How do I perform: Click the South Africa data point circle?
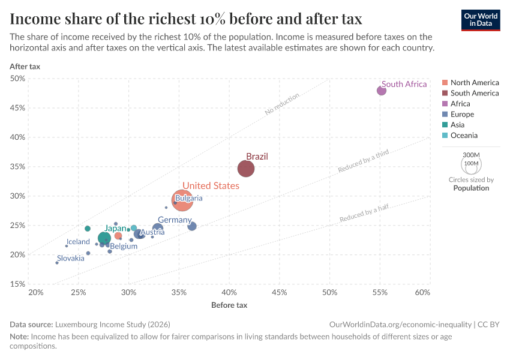click(382, 91)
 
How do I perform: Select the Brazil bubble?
click(246, 169)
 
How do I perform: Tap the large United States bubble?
click(182, 200)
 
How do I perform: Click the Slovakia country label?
click(71, 259)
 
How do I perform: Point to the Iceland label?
click(78, 242)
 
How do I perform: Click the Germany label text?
click(175, 220)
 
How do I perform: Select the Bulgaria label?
click(189, 198)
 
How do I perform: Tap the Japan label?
click(116, 228)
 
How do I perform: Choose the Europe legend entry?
click(462, 114)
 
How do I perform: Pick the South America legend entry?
click(474, 93)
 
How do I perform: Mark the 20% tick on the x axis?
click(35, 292)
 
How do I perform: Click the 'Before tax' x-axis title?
click(229, 305)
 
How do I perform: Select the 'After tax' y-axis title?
click(25, 66)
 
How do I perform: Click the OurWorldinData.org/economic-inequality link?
click(400, 324)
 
